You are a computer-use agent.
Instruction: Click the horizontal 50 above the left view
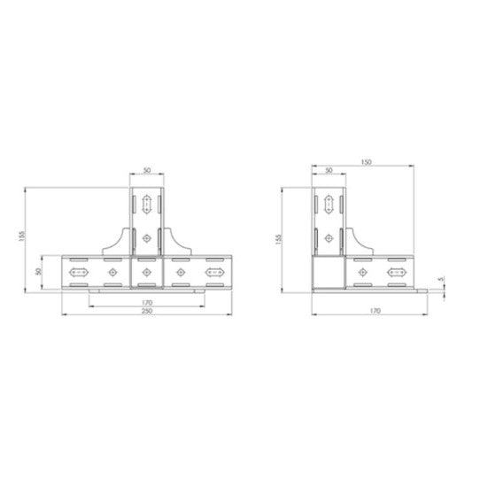146,170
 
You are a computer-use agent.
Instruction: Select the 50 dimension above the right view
328,170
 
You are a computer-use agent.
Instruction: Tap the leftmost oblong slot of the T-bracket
77,272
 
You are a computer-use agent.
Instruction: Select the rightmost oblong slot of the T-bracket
215,272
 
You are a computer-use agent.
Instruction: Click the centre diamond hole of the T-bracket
146,272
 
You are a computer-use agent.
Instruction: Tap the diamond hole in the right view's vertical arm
328,237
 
